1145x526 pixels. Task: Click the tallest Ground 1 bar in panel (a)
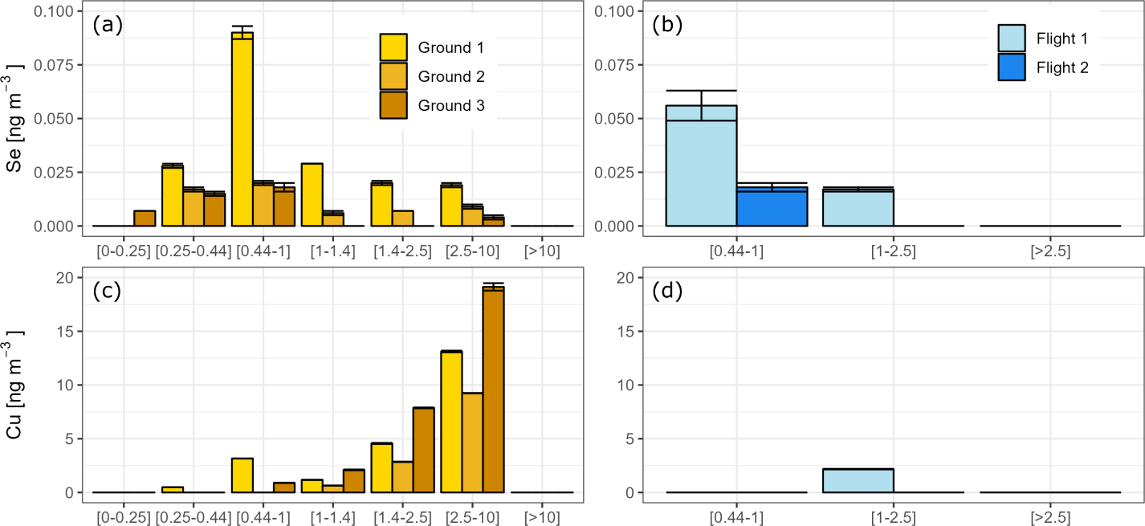tap(242, 128)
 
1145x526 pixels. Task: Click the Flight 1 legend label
tap(1062, 39)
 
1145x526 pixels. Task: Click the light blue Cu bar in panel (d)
tap(858, 480)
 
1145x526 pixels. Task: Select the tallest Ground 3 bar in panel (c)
tap(492, 389)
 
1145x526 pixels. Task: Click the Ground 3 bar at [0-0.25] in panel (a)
tap(145, 218)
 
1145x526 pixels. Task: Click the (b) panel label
tap(666, 24)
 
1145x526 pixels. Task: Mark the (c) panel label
tap(107, 290)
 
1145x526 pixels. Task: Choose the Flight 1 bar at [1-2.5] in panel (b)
tap(858, 208)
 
